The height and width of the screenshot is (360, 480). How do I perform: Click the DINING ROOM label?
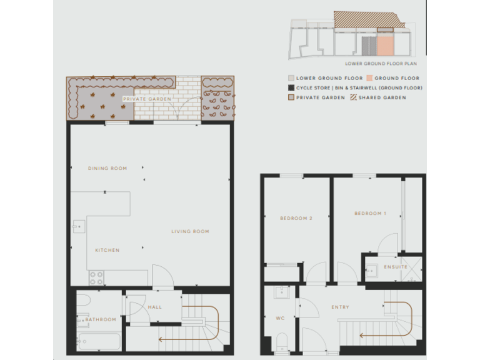(107, 168)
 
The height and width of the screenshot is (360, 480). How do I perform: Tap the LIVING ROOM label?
(190, 232)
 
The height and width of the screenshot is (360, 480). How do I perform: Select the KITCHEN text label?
(107, 251)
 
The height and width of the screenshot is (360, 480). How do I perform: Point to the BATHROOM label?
(101, 319)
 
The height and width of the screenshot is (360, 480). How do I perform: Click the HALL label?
(154, 307)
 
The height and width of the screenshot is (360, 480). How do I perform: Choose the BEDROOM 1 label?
(370, 214)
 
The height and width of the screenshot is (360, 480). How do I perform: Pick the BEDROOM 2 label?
(296, 218)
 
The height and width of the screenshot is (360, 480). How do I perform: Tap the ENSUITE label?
(395, 267)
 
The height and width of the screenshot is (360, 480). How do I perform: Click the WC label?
(281, 318)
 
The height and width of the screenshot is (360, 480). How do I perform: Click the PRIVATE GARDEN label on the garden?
(147, 99)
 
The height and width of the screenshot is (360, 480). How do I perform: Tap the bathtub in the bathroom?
(99, 341)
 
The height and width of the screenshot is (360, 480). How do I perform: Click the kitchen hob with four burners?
(96, 276)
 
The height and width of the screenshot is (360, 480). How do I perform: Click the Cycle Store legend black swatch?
(291, 88)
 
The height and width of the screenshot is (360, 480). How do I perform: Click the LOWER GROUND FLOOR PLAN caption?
(381, 64)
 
